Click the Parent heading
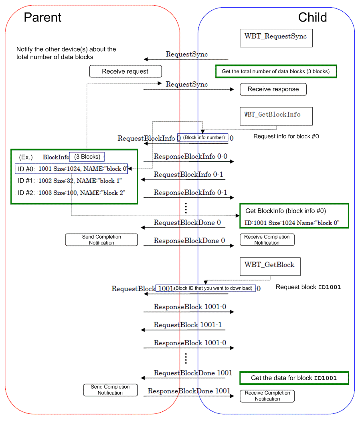[42, 17]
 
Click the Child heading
[312, 17]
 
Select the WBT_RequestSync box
[275, 37]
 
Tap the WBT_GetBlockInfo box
[275, 115]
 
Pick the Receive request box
[125, 72]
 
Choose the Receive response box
[273, 89]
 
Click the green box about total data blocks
[276, 72]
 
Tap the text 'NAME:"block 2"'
[103, 193]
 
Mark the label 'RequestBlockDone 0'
[187, 222]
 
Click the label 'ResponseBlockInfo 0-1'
[190, 193]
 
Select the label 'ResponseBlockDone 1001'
[189, 391]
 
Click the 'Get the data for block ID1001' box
[294, 378]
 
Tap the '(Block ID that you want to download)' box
[214, 288]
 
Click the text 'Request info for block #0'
[286, 136]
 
